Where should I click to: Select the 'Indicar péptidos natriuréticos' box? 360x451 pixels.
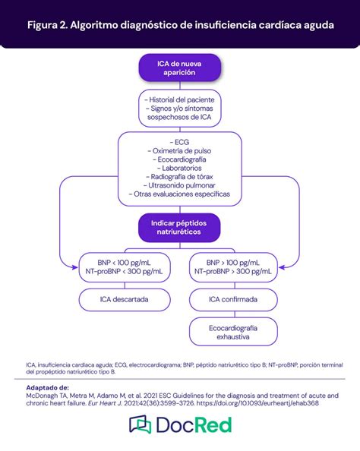(179, 225)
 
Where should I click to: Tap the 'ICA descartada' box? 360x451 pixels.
(123, 299)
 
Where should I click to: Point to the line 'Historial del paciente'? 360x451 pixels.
(179, 99)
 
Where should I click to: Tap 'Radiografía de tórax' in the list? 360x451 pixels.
(179, 176)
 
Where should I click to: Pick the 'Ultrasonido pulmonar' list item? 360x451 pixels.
(179, 185)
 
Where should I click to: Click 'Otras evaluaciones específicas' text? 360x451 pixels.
(179, 194)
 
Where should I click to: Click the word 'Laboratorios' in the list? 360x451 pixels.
(179, 168)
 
